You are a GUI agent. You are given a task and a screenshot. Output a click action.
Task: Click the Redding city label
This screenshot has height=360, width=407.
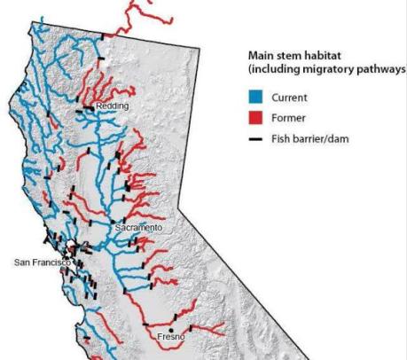pos(113,106)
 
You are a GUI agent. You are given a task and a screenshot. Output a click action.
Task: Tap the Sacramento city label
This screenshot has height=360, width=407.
pos(139,228)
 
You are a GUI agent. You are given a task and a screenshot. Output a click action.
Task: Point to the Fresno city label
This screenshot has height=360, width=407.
pos(170,338)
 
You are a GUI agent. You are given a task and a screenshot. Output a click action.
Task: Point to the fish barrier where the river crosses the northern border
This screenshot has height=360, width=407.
pos(104,36)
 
